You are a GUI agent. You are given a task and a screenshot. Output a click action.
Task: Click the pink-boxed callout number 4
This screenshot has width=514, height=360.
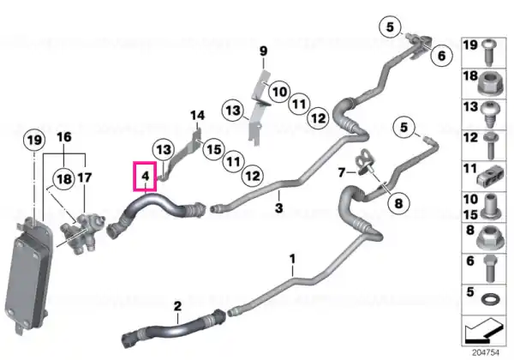146,177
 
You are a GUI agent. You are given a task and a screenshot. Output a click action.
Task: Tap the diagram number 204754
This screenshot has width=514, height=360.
486,352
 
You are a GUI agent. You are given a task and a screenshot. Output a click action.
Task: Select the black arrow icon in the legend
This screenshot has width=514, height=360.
484,331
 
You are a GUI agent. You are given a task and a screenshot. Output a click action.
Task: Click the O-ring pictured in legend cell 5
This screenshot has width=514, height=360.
490,299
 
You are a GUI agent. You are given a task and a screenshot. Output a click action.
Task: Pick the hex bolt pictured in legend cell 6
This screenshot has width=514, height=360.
490,268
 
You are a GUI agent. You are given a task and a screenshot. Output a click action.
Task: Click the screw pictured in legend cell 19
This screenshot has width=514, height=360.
490,52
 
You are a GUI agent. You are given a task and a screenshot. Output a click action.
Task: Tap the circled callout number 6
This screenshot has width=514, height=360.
441,56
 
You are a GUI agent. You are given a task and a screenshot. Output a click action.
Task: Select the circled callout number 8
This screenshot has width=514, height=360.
398,203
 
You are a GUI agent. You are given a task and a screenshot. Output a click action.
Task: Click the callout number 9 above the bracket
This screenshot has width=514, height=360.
264,51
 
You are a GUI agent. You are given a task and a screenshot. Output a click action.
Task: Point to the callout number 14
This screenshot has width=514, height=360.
197,116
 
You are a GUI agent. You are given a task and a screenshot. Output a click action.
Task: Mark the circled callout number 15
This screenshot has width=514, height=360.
214,149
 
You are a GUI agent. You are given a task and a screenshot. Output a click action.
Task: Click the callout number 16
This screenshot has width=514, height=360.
64,137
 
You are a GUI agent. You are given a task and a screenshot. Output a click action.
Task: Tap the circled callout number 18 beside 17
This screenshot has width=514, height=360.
64,179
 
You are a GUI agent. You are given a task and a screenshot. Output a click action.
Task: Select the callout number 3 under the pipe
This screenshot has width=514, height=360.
278,208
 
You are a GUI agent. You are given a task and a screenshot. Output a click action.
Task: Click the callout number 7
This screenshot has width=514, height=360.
342,172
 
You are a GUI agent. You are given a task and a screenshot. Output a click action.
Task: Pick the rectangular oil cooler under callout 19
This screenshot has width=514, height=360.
28,275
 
